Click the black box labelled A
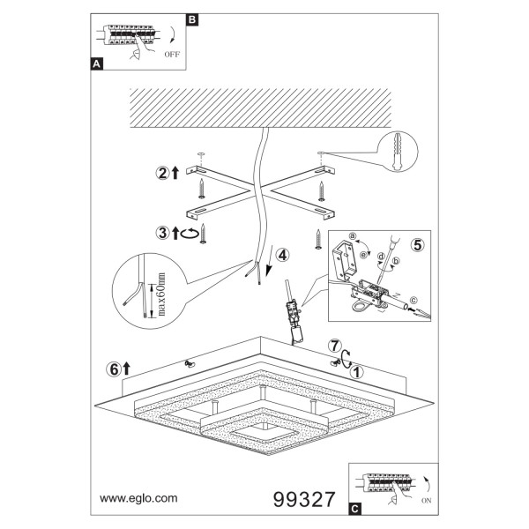[x=97, y=63]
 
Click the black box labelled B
[x=192, y=19]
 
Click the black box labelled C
[x=354, y=509]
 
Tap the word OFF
[x=172, y=54]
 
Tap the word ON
[x=427, y=501]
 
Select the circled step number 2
[x=162, y=173]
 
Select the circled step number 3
[x=162, y=233]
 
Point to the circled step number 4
[x=282, y=255]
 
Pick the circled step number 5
[x=418, y=245]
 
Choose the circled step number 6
[x=115, y=369]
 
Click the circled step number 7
[x=334, y=346]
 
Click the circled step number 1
[x=356, y=372]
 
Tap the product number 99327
[x=304, y=499]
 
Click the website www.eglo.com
[x=138, y=498]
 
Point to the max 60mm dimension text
[x=161, y=294]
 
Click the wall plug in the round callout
[x=397, y=152]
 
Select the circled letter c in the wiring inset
[x=414, y=300]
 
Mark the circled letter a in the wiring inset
[x=352, y=235]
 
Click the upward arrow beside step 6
[x=126, y=369]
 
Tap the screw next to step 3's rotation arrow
[x=203, y=233]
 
